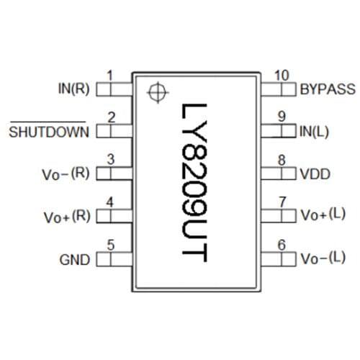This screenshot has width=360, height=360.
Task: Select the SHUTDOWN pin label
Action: click(x=49, y=132)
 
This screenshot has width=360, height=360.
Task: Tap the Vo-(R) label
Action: click(x=66, y=175)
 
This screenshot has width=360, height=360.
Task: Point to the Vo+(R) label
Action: click(x=66, y=217)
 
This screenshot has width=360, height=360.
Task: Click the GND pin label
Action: click(x=74, y=260)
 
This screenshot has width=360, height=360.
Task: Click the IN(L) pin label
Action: click(x=314, y=132)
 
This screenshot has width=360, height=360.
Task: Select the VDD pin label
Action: click(x=314, y=175)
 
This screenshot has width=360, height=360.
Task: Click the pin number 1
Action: click(x=110, y=76)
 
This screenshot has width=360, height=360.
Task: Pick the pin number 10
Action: click(x=282, y=76)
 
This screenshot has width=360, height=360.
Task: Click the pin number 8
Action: click(x=282, y=161)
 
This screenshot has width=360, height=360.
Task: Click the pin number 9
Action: click(x=282, y=117)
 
